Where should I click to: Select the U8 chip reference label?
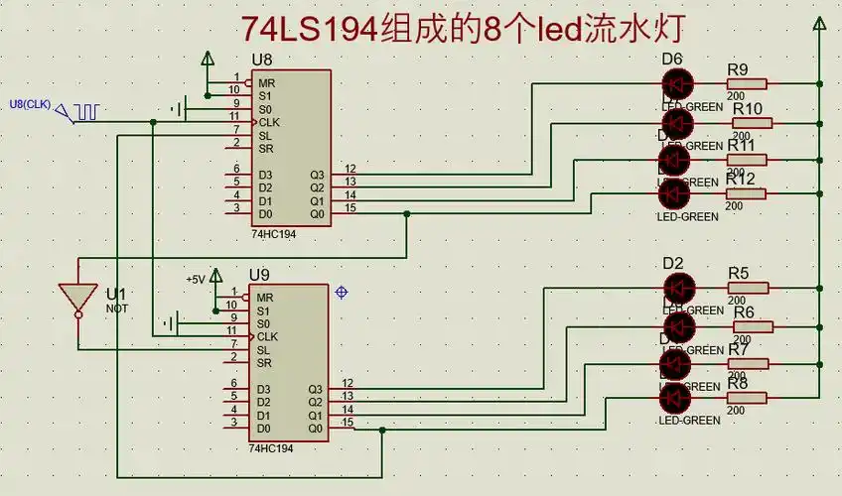[263, 60]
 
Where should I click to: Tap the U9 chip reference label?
[260, 273]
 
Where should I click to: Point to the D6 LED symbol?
[678, 85]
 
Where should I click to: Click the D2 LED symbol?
[678, 289]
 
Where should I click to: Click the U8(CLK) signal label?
[29, 104]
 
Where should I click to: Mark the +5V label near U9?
[195, 280]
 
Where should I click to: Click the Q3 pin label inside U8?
[316, 175]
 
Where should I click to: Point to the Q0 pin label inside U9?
[316, 429]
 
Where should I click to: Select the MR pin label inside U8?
[265, 82]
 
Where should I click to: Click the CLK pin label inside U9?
[267, 336]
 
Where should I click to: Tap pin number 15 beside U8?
[350, 207]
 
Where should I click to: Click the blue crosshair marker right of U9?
[342, 292]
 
